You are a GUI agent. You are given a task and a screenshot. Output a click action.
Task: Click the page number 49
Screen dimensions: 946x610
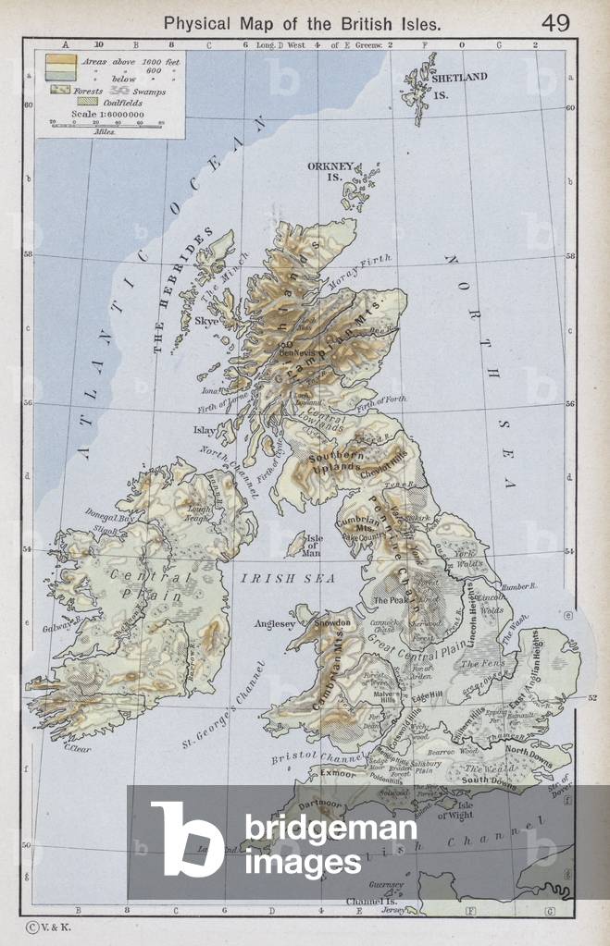[556, 22]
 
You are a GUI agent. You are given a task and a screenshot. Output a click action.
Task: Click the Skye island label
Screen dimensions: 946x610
[206, 322]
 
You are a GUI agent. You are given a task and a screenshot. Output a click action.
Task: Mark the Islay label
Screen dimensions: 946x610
[204, 430]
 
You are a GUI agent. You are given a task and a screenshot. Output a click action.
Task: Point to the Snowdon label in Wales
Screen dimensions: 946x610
[333, 623]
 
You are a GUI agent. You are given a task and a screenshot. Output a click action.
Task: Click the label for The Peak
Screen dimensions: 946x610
[391, 600]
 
